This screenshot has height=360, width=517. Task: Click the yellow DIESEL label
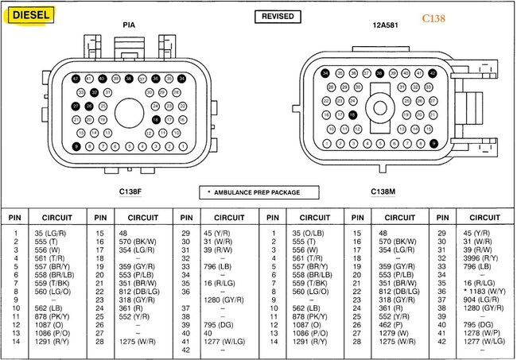click(31, 15)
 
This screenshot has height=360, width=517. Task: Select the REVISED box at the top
click(277, 16)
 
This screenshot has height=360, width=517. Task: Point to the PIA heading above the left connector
click(129, 25)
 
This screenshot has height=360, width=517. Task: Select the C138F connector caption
click(130, 192)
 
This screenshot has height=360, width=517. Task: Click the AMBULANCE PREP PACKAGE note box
click(259, 192)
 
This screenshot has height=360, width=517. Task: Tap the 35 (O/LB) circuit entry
click(305, 233)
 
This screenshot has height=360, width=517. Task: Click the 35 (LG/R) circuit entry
click(49, 233)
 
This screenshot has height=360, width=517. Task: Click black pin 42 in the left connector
click(76, 79)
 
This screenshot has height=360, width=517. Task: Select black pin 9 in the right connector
click(433, 143)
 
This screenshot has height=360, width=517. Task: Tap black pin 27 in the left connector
click(76, 106)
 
